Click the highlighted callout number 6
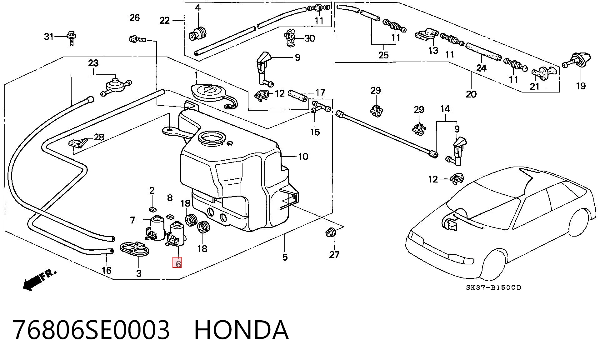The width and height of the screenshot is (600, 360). pyautogui.click(x=177, y=262)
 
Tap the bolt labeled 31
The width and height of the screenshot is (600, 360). pyautogui.click(x=72, y=38)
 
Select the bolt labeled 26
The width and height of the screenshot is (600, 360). pyautogui.click(x=138, y=39)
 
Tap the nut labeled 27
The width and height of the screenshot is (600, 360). pyautogui.click(x=330, y=232)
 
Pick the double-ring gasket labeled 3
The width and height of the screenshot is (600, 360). pyautogui.click(x=134, y=249)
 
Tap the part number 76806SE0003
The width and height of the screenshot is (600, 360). pyautogui.click(x=91, y=330)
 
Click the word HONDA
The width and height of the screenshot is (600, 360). pyautogui.click(x=241, y=330)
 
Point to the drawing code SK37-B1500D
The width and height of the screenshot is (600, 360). pyautogui.click(x=494, y=287)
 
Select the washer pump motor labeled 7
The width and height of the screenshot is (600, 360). pyautogui.click(x=157, y=228)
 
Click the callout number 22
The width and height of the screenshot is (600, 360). pyautogui.click(x=164, y=20)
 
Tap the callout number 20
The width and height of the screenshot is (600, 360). pyautogui.click(x=471, y=94)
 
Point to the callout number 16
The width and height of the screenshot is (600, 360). pyautogui.click(x=107, y=270)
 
